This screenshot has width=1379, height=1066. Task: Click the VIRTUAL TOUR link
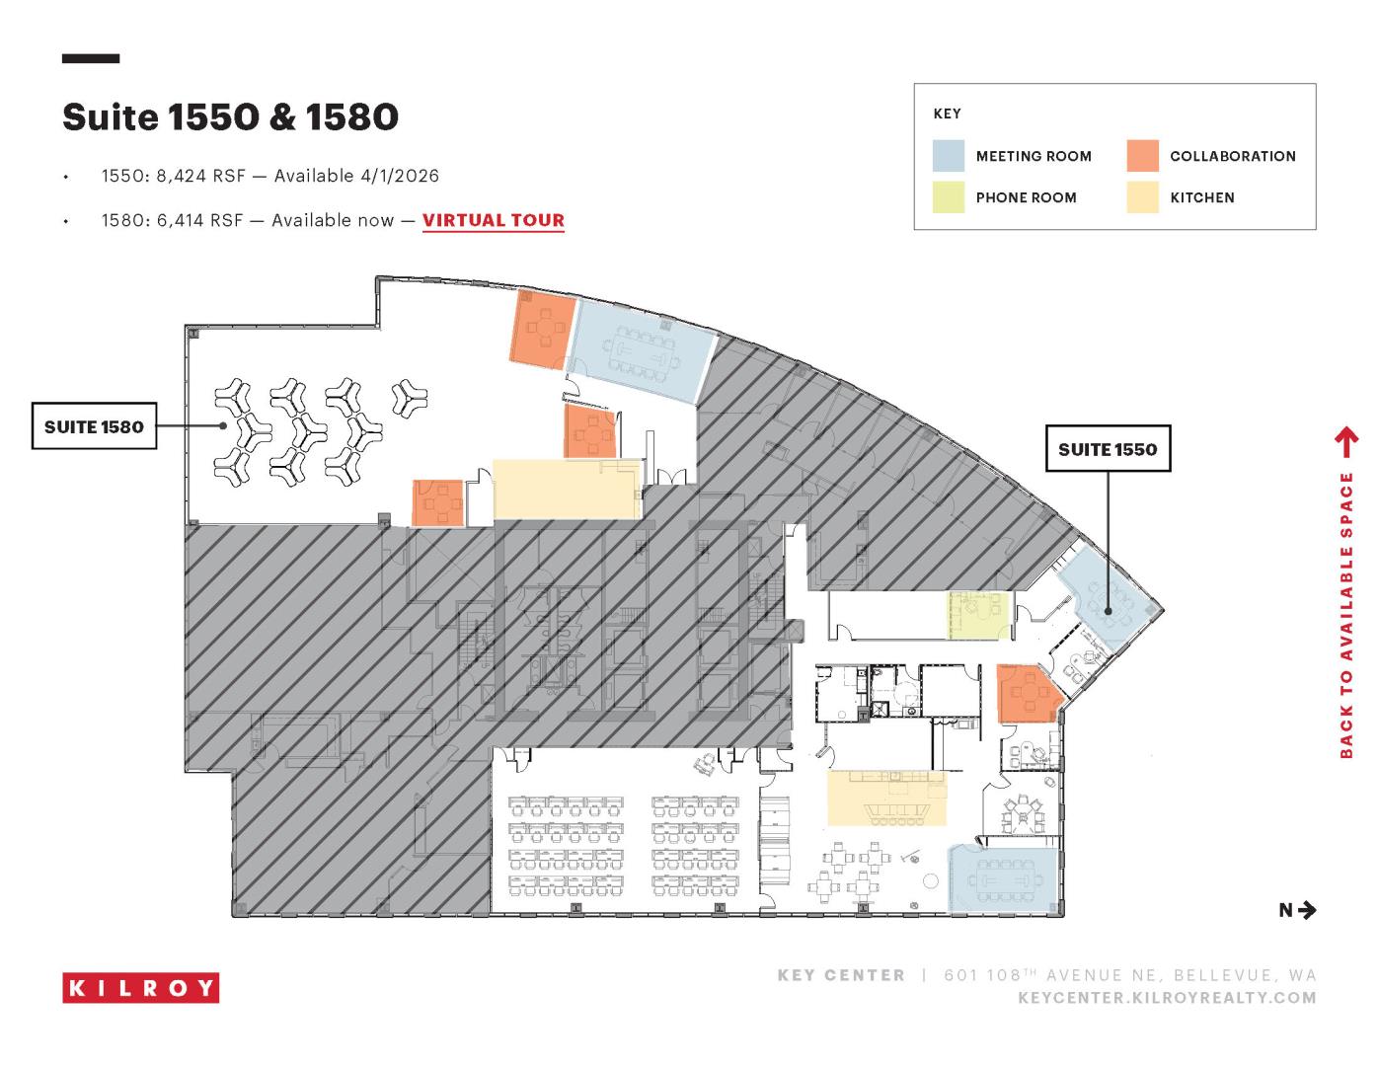494,220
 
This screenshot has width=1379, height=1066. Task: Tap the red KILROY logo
141,988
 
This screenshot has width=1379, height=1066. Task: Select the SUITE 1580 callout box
94,425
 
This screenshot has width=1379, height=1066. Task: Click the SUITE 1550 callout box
1108,448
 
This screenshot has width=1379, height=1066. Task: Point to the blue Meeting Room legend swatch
948,156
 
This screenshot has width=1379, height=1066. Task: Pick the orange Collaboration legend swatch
1142,156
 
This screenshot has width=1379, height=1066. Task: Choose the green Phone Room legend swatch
948,196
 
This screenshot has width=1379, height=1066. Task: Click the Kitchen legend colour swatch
1142,196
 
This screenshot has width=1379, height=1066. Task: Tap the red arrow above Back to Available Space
1346,442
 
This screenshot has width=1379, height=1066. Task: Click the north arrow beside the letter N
1307,910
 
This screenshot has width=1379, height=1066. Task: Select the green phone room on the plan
978,615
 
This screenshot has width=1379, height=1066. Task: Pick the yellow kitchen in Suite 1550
886,798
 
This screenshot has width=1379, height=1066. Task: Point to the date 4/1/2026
400,176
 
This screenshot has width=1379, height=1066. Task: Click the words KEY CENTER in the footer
841,975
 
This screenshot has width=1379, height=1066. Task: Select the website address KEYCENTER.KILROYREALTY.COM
1167,998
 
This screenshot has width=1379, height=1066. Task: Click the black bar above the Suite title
91,58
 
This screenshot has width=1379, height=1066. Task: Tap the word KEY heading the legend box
947,114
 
